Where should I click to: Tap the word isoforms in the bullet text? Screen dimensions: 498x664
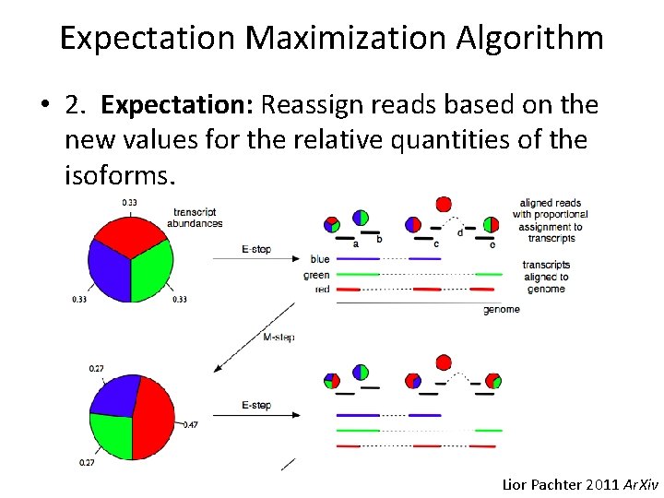[117, 174]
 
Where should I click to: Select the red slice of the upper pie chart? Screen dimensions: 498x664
[130, 231]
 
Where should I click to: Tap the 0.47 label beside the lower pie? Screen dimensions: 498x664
[191, 424]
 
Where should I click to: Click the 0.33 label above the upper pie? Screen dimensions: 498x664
[130, 202]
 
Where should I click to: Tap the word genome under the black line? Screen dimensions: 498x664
[501, 310]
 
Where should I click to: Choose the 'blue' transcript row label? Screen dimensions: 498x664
[320, 259]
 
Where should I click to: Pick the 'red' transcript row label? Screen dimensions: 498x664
[322, 290]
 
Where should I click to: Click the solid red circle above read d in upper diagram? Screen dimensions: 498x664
[444, 204]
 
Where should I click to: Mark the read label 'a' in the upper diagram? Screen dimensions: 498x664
[356, 243]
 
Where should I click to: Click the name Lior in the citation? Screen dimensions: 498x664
[516, 484]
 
